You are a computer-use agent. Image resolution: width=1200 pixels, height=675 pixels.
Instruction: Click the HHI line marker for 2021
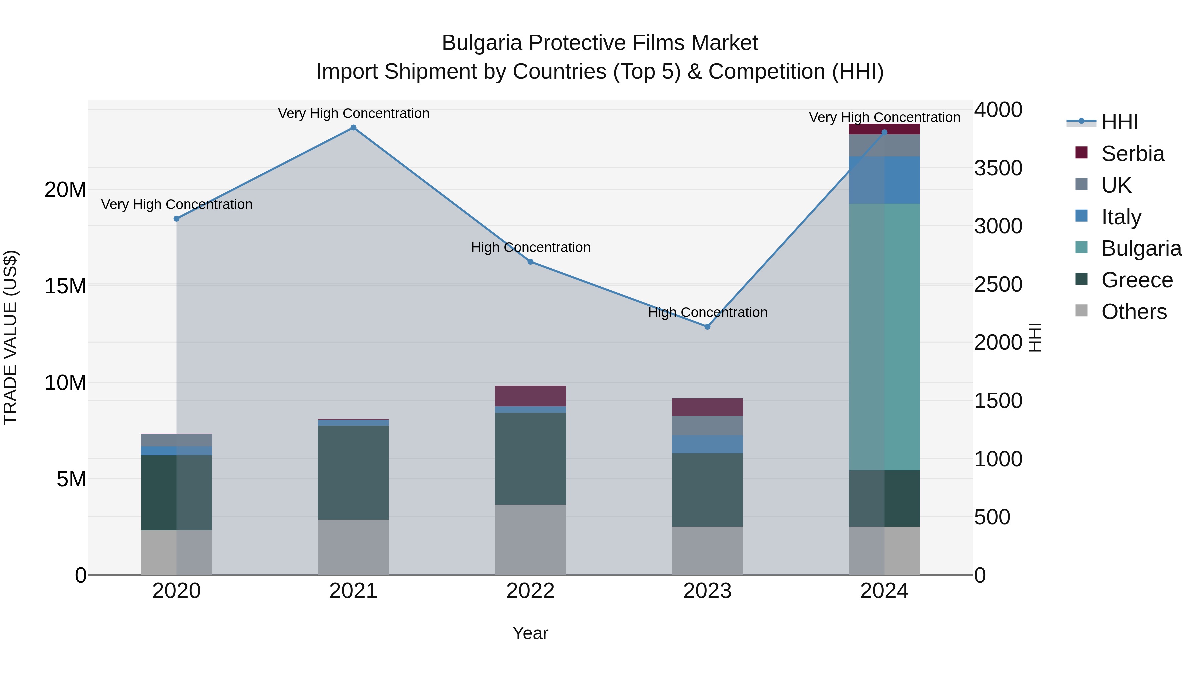click(353, 128)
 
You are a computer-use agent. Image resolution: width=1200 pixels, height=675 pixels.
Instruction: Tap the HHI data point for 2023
click(707, 327)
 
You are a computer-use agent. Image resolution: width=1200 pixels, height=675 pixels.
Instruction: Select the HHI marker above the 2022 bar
click(530, 262)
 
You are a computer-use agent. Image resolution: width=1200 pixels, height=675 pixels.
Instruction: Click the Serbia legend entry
click(1132, 154)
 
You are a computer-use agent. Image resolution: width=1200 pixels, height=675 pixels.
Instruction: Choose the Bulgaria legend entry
click(1141, 248)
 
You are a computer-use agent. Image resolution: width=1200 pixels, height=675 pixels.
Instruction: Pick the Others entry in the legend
click(1134, 312)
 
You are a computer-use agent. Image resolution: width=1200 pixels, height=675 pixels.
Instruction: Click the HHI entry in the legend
click(1119, 122)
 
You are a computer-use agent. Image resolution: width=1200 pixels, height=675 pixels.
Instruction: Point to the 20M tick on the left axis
click(65, 190)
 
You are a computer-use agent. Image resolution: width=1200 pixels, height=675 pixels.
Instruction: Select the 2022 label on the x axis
click(530, 591)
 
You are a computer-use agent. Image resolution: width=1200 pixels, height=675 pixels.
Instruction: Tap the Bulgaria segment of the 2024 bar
click(884, 337)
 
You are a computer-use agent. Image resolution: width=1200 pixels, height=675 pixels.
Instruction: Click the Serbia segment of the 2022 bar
click(530, 396)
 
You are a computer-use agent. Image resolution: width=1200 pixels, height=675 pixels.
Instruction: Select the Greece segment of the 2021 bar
click(353, 472)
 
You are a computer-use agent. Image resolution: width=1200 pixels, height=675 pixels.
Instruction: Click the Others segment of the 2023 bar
click(707, 551)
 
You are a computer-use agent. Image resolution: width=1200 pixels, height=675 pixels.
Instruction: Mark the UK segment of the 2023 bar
click(707, 426)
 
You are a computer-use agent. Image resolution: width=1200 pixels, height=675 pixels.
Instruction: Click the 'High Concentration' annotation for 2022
click(530, 247)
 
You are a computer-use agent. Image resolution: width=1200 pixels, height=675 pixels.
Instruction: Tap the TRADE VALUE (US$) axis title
click(10, 337)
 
